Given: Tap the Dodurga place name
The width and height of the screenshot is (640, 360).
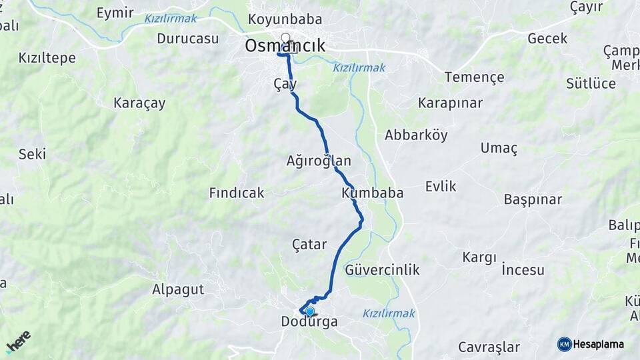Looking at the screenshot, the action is [309, 322].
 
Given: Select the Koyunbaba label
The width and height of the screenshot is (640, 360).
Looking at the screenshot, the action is [285, 19].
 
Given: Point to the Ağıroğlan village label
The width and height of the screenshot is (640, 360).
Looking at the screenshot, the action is [319, 161].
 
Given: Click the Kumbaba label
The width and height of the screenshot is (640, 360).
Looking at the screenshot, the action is [373, 193].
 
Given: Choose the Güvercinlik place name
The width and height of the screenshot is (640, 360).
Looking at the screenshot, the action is [382, 270].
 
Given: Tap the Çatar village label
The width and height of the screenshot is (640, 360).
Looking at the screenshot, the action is [310, 244].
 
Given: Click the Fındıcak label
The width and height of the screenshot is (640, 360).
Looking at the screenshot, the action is [237, 193].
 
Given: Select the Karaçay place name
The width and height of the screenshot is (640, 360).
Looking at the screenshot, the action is [139, 103].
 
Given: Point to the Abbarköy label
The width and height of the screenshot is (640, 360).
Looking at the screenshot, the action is [416, 135].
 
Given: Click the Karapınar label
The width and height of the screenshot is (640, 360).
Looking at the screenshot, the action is [451, 103].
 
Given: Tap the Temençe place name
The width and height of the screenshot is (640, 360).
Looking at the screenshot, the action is [475, 77].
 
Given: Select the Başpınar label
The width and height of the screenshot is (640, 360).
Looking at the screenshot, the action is [533, 199].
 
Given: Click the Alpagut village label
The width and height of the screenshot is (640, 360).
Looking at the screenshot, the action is [178, 289].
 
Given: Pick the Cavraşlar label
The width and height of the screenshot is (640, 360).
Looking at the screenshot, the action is [489, 347].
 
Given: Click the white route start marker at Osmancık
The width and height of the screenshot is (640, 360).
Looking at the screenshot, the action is [286, 38].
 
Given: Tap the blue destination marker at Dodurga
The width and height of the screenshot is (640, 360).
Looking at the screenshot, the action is [309, 311].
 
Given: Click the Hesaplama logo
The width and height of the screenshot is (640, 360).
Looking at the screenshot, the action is [591, 344].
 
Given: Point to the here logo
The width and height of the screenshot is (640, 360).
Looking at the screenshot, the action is [19, 341].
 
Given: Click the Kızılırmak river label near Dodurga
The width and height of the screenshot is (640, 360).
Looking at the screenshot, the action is [389, 313].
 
